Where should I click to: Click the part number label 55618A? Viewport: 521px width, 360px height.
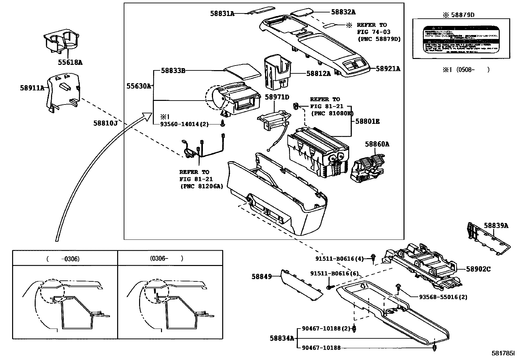pyautogui.click(x=70, y=62)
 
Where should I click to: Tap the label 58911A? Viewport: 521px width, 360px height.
pyautogui.click(x=32, y=88)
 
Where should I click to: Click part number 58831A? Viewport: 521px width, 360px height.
pyautogui.click(x=222, y=13)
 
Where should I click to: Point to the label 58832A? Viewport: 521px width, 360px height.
pyautogui.click(x=343, y=12)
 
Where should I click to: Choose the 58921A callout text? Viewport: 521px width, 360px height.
pyautogui.click(x=388, y=69)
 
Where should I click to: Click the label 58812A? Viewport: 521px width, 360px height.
pyautogui.click(x=318, y=74)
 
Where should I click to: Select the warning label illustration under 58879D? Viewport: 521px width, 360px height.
pyautogui.click(x=461, y=39)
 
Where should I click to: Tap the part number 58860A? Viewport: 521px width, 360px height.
pyautogui.click(x=377, y=144)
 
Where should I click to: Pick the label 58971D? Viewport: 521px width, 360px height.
pyautogui.click(x=277, y=97)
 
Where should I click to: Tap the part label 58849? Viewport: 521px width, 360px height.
pyautogui.click(x=261, y=276)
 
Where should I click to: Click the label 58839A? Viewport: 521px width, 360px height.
pyautogui.click(x=496, y=225)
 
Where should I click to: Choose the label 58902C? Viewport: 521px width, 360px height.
pyautogui.click(x=478, y=269)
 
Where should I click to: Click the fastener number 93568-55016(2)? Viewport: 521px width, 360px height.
pyautogui.click(x=443, y=297)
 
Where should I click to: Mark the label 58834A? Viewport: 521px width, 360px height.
pyautogui.click(x=282, y=338)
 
